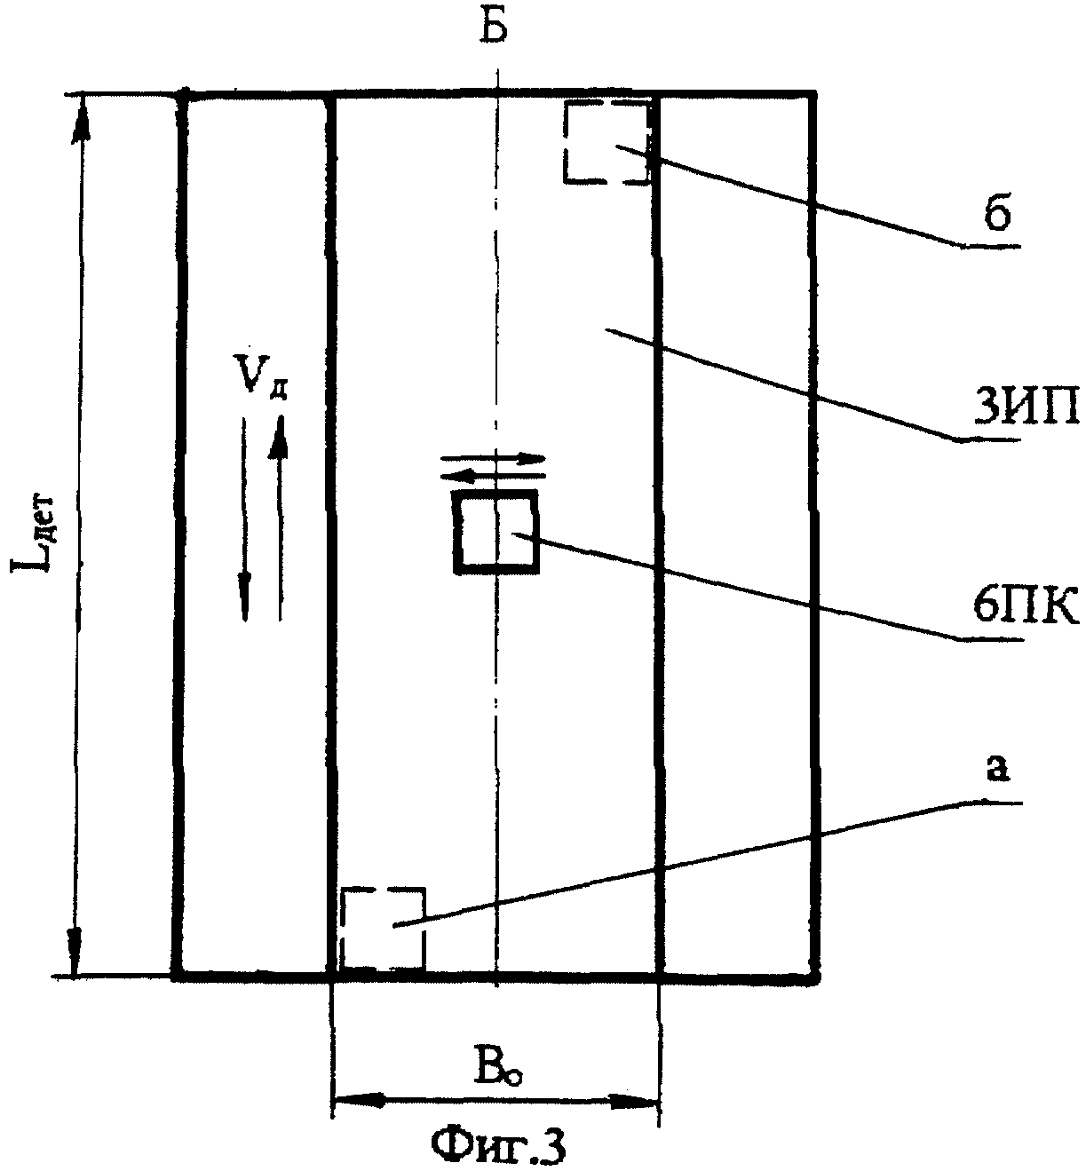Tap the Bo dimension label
(497, 1069)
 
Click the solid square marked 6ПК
(495, 531)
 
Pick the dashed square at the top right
(606, 142)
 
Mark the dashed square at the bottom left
(383, 929)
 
